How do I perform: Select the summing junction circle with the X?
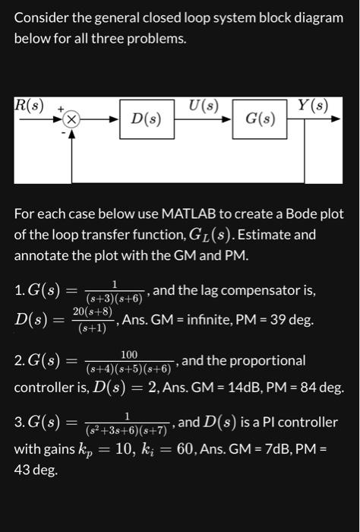[x=71, y=119]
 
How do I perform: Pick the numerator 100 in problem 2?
[x=128, y=354]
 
